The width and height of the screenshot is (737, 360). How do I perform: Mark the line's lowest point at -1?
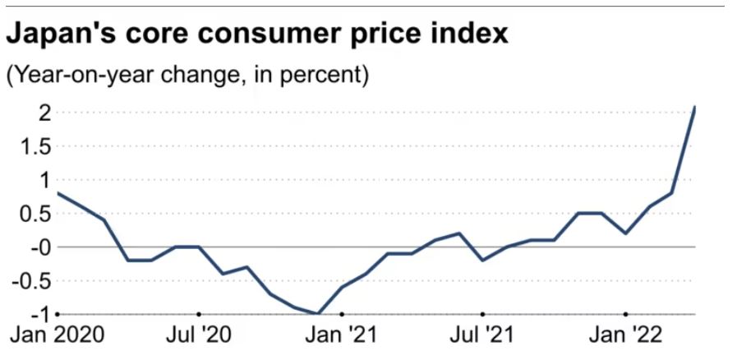(318, 314)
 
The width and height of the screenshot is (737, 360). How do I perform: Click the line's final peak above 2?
(695, 107)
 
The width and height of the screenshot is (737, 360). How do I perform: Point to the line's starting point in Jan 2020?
(58, 193)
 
